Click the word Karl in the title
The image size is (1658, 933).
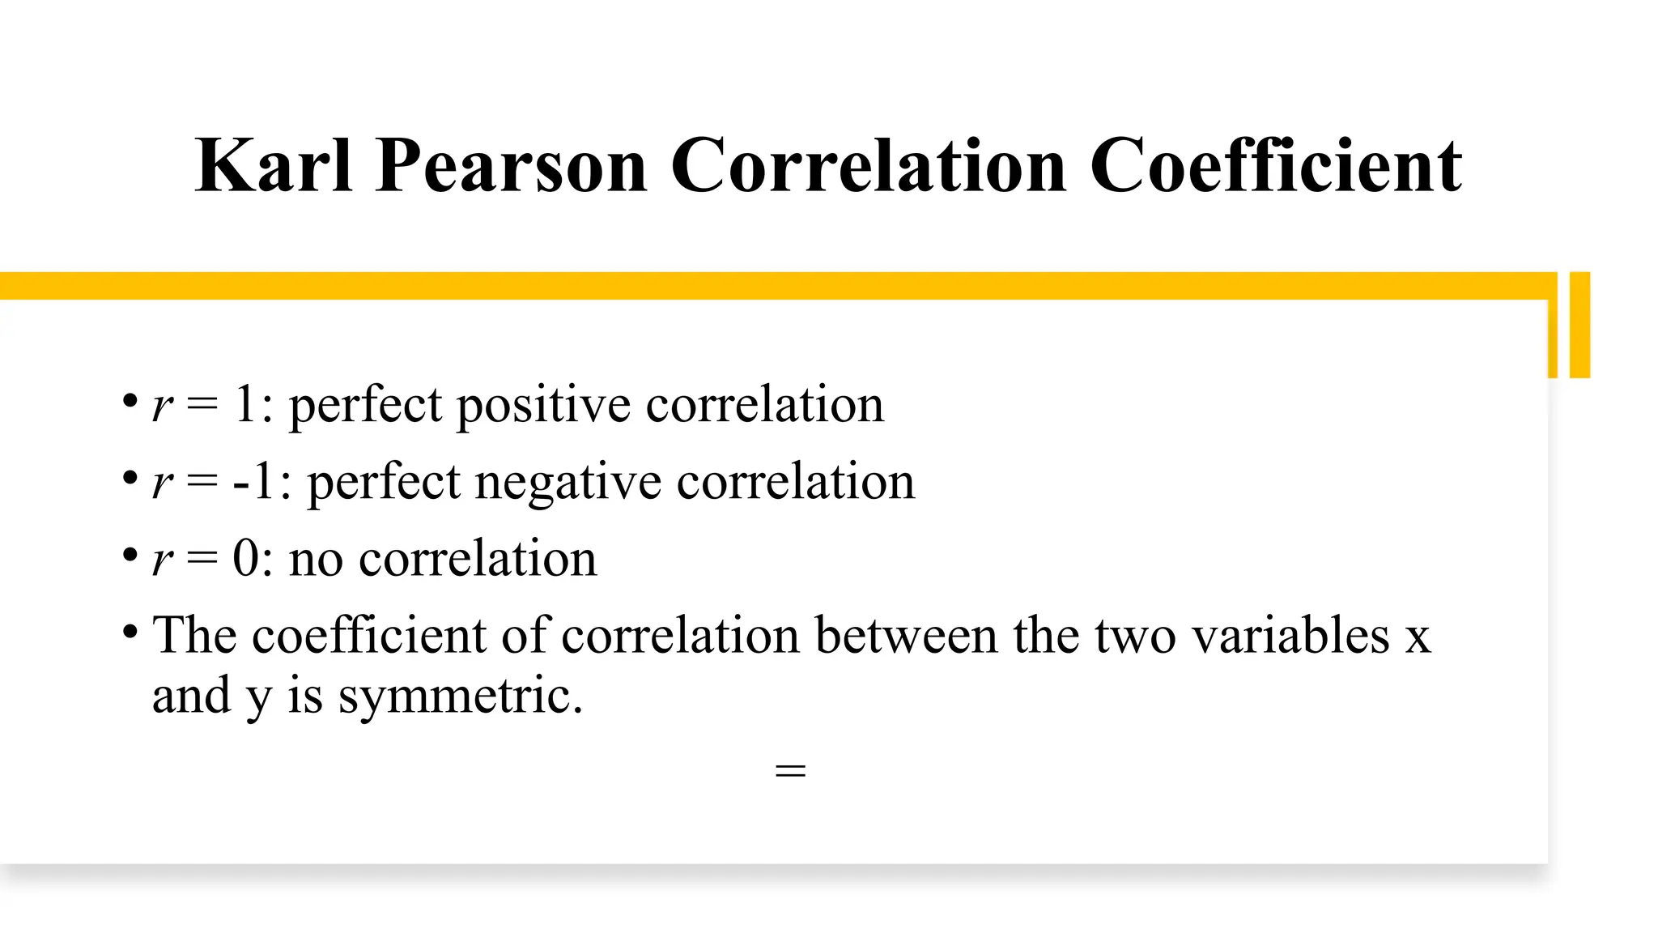point(274,166)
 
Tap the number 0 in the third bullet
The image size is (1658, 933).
point(246,558)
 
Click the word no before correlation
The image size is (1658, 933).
point(316,560)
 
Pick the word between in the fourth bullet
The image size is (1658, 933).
point(906,635)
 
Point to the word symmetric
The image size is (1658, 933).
point(460,696)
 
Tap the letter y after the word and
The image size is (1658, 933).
point(257,698)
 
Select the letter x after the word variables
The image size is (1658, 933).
point(1418,637)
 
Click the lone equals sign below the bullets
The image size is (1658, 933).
point(790,770)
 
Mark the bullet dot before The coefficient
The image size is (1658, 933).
point(130,630)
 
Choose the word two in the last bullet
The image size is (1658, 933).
point(1135,637)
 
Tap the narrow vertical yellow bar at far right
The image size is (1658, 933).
point(1579,325)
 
